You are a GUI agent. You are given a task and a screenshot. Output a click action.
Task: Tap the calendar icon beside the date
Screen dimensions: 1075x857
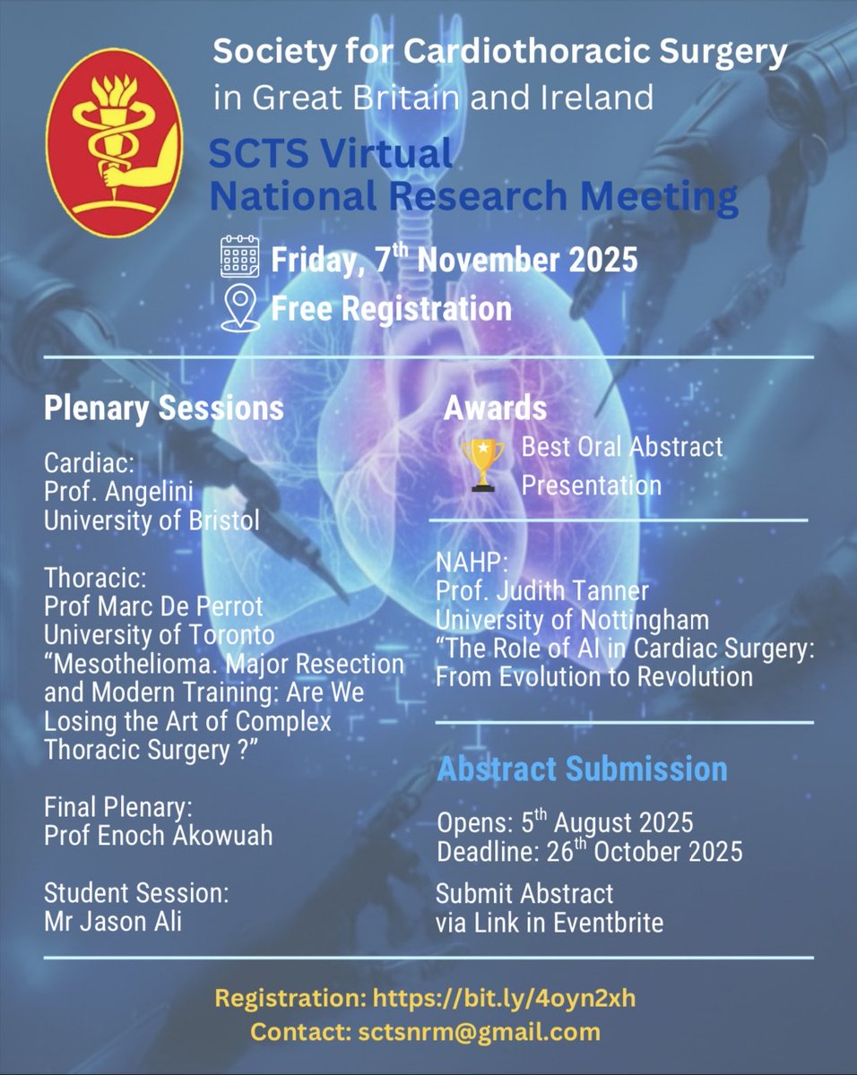(x=239, y=258)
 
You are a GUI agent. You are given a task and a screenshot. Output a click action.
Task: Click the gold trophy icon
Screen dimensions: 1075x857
(x=483, y=464)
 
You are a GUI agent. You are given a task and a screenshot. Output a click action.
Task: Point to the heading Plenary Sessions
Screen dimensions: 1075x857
(x=164, y=408)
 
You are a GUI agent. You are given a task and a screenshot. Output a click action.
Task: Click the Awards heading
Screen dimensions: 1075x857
(x=495, y=408)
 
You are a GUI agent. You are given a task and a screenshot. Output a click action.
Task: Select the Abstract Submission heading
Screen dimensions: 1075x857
(x=582, y=769)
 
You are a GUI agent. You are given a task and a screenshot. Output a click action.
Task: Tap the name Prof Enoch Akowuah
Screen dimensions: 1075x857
(x=159, y=835)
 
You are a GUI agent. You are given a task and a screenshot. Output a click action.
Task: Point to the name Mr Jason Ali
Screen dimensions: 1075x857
(x=113, y=921)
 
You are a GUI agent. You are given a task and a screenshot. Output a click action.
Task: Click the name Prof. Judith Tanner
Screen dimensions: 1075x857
(x=542, y=590)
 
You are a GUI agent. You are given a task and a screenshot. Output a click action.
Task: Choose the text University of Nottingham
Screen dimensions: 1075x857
(x=572, y=619)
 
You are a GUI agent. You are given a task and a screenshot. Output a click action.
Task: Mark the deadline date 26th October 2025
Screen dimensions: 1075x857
(x=644, y=851)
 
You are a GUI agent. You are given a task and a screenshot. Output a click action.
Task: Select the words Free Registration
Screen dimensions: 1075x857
(x=391, y=309)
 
